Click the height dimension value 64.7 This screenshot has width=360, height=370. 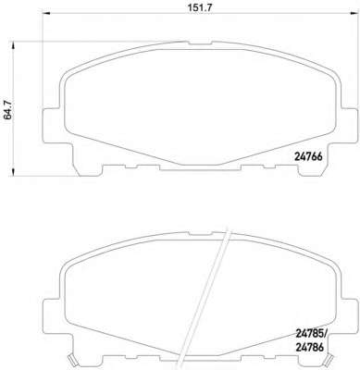pos(7,110)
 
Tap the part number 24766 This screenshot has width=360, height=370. pos(308,157)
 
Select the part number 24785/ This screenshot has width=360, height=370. pos(311,333)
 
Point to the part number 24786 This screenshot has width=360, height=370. pos(310,348)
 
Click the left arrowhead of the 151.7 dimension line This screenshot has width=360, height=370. pos(45,13)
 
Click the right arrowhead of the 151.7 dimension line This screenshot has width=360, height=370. pos(353,13)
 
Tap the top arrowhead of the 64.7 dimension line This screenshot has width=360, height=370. pos(13,45)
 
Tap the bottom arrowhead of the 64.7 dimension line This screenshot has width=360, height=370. pos(13,172)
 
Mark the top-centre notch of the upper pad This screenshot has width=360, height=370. pos(200,43)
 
